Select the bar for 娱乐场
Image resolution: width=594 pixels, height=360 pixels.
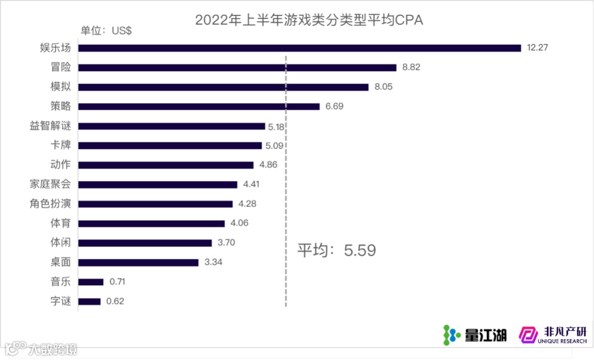click(x=299, y=48)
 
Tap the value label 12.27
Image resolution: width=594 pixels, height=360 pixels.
click(x=538, y=48)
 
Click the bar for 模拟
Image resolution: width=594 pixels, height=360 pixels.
click(x=223, y=87)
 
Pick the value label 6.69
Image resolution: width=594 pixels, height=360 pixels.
click(x=334, y=107)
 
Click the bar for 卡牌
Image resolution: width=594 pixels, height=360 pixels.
click(x=170, y=146)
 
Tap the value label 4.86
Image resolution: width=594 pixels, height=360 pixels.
click(x=268, y=165)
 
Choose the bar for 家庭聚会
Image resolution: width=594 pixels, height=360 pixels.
click(x=158, y=185)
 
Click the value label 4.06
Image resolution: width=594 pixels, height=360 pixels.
click(x=240, y=224)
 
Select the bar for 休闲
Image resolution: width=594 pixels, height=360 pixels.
click(x=145, y=243)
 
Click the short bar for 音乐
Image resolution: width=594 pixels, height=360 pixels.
click(x=91, y=282)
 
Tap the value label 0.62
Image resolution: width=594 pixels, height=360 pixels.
click(x=116, y=301)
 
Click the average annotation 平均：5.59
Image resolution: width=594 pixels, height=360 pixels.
click(x=337, y=251)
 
